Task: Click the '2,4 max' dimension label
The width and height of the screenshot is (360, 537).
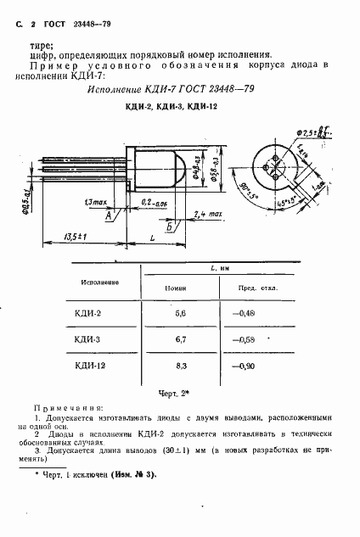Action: [208, 215]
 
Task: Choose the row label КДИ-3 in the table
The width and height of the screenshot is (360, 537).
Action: [89, 339]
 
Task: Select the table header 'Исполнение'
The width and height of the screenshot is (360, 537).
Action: [99, 281]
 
